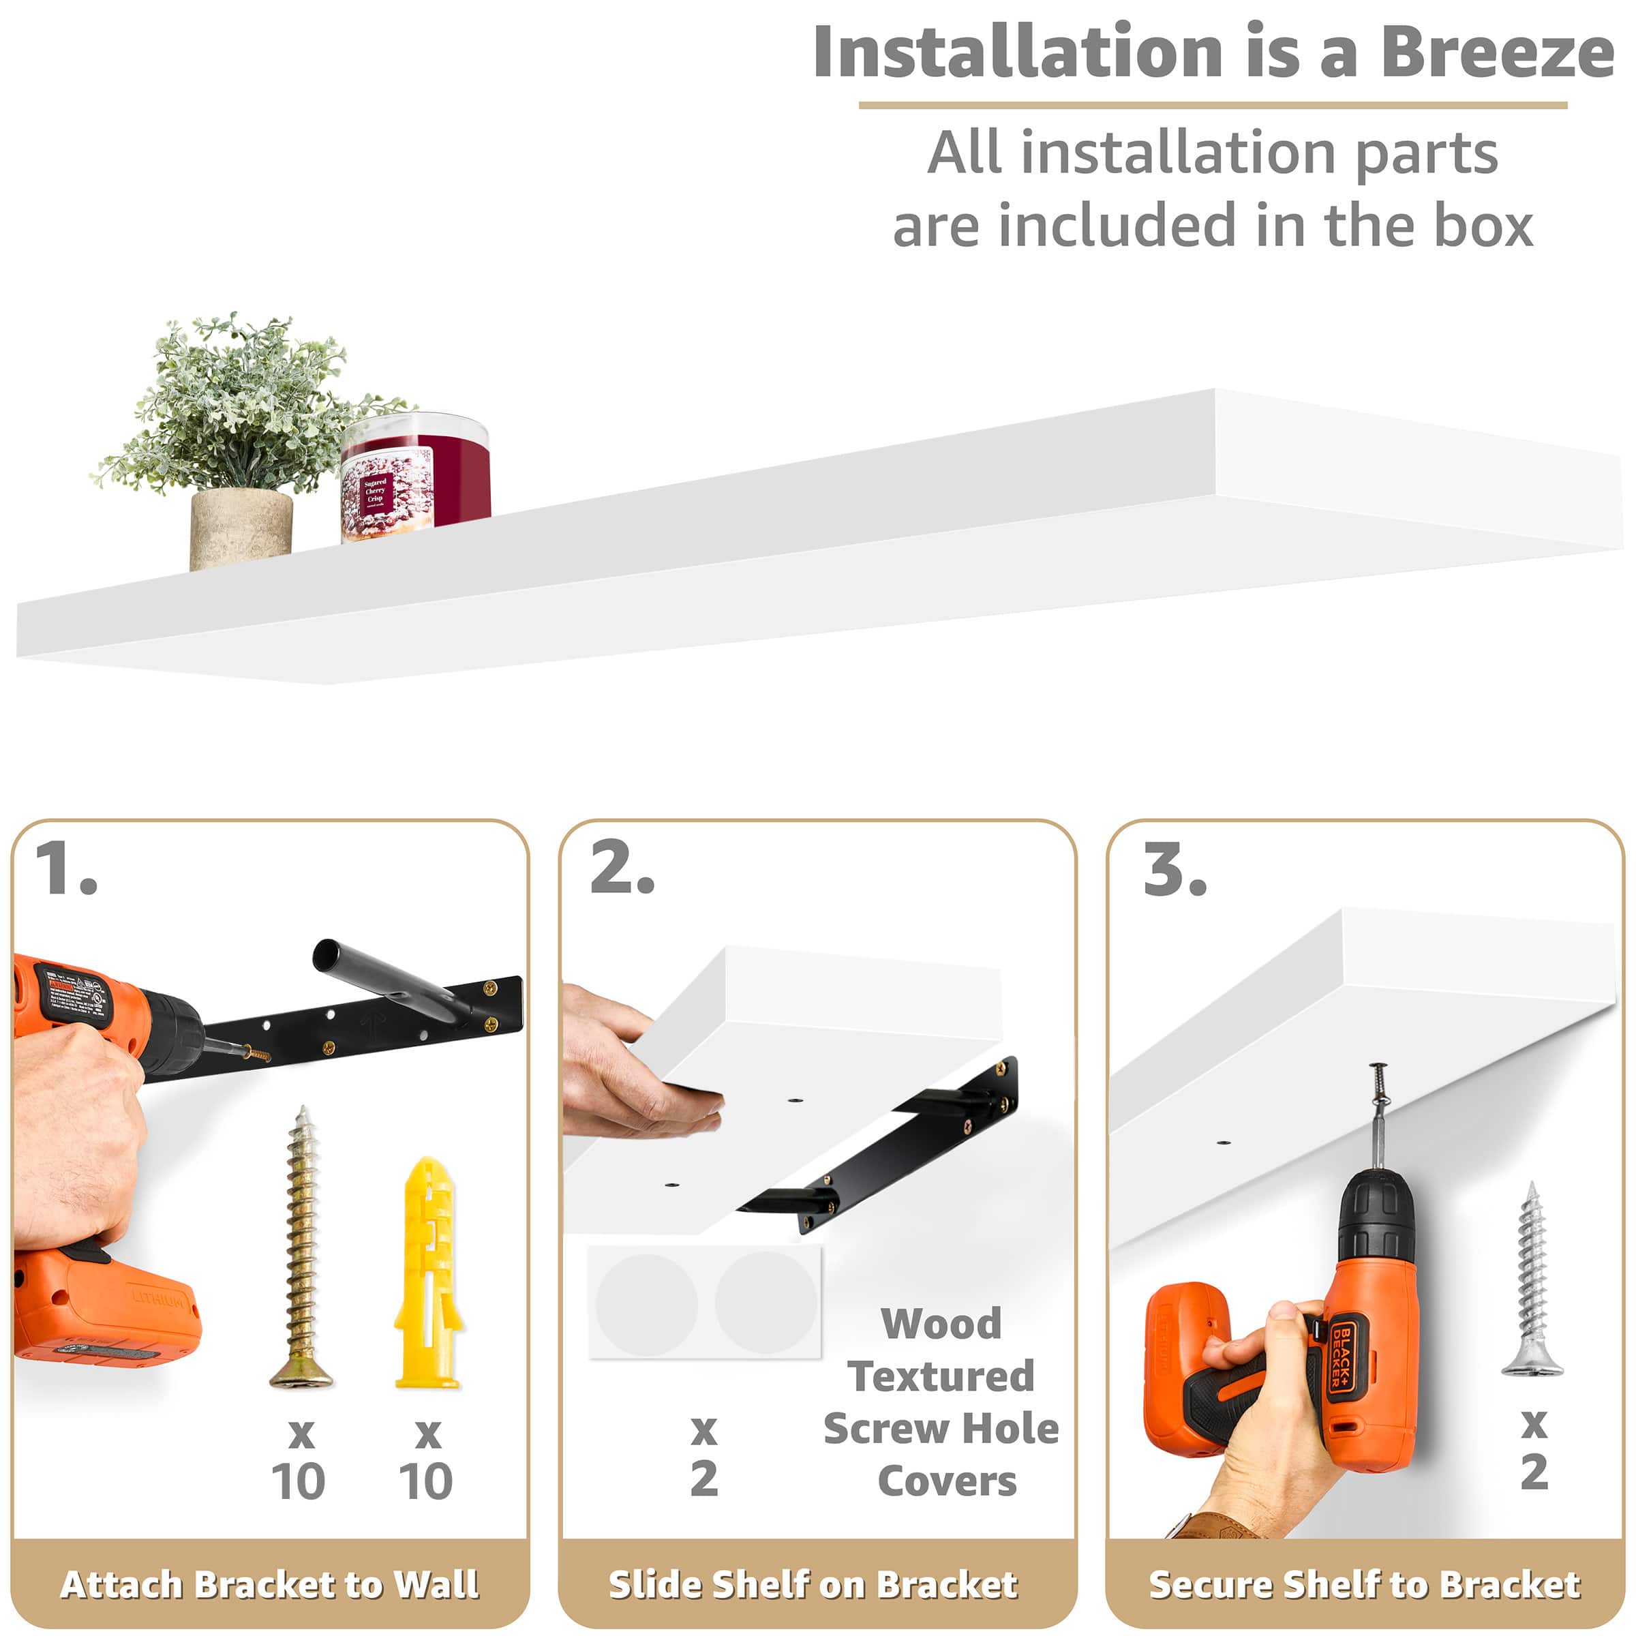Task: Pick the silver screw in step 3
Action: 1532,1279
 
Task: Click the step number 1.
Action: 66,869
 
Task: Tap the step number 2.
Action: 622,869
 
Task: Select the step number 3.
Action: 1175,870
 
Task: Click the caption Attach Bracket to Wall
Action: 269,1584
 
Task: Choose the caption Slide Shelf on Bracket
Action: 813,1584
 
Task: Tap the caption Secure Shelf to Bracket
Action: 1364,1584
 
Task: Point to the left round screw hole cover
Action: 646,1304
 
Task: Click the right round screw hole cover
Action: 766,1303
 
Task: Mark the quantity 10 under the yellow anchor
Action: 426,1482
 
